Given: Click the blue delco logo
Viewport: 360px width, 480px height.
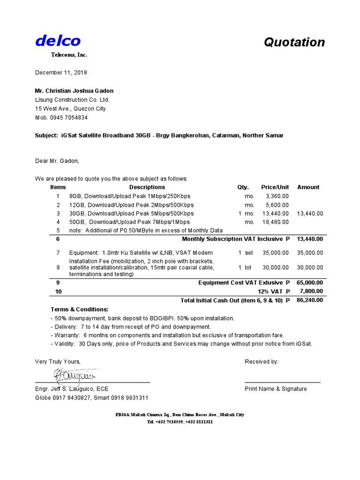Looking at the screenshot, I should point(58,41).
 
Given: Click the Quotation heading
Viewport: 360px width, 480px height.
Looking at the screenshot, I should point(294,42).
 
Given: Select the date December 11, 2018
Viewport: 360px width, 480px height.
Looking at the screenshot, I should point(61,73).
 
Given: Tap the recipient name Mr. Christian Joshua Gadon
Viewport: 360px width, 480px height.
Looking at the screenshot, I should point(74,90).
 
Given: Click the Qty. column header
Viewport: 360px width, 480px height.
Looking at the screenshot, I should point(243,187).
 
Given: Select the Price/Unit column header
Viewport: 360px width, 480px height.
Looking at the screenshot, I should point(275,187).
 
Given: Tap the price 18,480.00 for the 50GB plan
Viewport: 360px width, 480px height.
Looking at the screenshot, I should point(275,222).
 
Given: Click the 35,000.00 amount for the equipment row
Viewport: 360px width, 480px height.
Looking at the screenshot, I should point(310,253).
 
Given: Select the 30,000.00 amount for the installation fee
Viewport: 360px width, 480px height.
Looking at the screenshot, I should point(310,268).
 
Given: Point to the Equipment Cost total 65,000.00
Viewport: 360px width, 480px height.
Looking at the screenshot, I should point(310,283).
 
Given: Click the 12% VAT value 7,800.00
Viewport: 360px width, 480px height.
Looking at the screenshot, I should point(311,291).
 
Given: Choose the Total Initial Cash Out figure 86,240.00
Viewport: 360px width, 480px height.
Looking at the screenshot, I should point(310,300).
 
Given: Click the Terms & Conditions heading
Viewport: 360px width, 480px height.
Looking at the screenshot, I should point(79,309).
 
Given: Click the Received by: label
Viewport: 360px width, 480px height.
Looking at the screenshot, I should point(262,361).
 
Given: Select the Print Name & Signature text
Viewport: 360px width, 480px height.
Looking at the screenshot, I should point(276,389).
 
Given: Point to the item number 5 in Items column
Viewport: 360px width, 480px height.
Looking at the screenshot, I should point(58,230).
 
